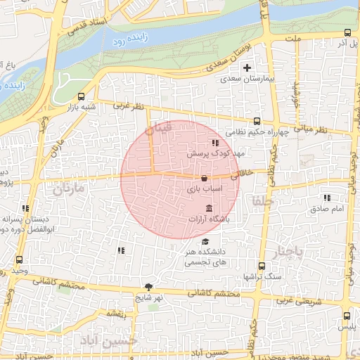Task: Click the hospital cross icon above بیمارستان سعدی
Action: [246, 68]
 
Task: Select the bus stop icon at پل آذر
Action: [347, 33]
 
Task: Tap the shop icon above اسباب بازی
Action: [204, 178]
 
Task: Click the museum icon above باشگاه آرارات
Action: [209, 208]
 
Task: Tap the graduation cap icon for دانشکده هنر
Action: [205, 241]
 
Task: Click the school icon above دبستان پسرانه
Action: [26, 208]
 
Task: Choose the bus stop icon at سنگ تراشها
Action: [262, 266]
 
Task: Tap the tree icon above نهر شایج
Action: [148, 286]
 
